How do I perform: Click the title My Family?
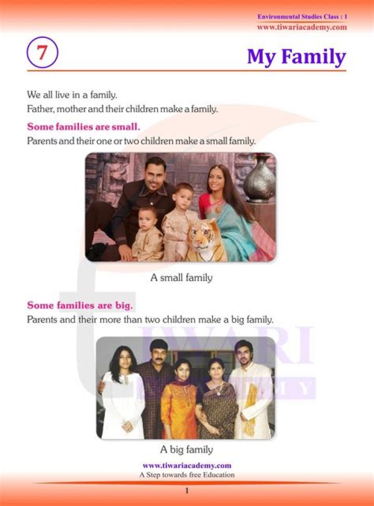pos(296,56)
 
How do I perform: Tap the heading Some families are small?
pos(83,127)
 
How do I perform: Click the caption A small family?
pos(181,278)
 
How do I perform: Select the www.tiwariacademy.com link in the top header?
pos(301,27)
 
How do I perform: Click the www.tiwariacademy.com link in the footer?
pos(186,465)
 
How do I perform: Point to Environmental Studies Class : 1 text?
pos(302,17)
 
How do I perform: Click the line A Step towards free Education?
pos(186,474)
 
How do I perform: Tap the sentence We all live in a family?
pos(72,95)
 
